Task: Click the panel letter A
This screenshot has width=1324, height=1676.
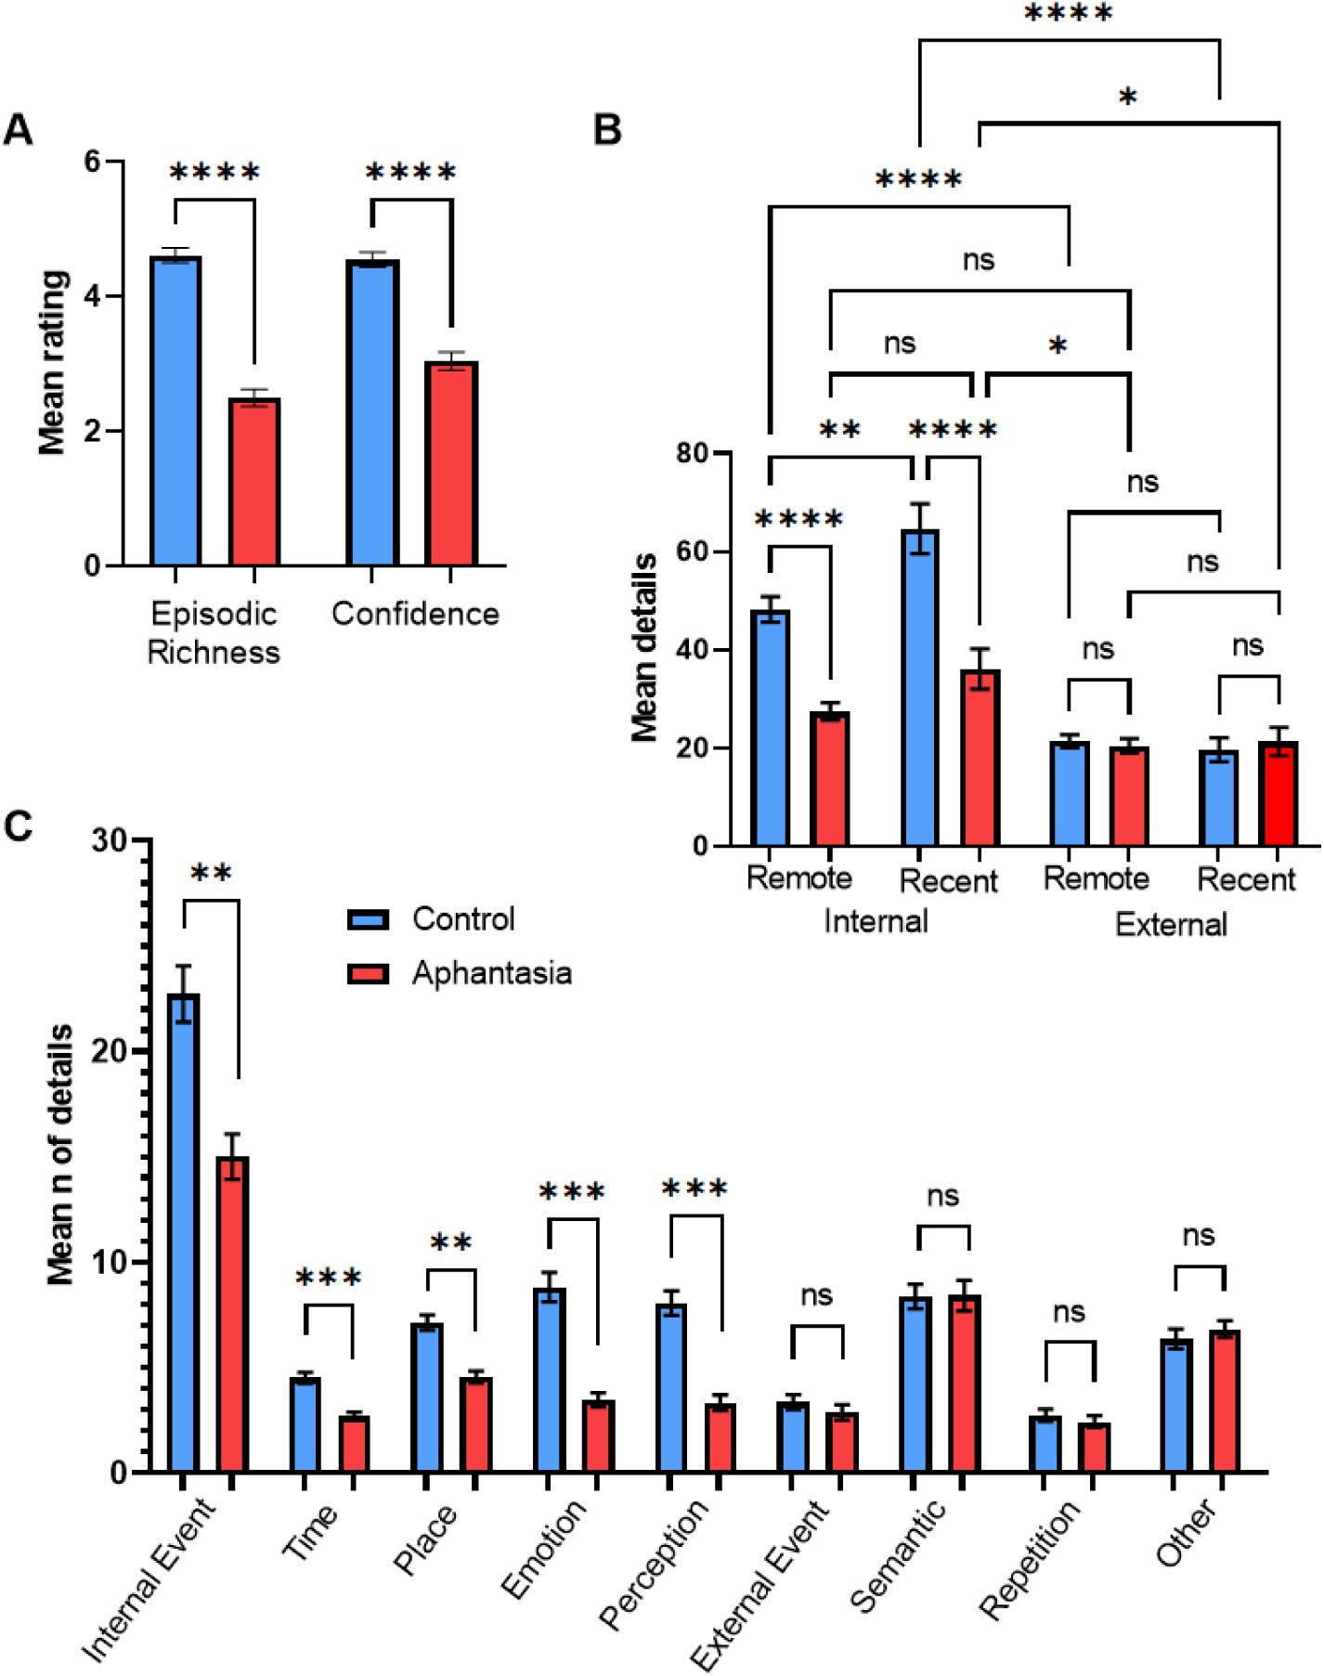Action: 19,130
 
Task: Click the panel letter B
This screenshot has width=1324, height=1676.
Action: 607,130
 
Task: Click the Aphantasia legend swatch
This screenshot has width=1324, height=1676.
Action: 368,973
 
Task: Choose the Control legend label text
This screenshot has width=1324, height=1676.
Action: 463,919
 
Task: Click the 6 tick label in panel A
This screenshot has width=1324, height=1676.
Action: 92,162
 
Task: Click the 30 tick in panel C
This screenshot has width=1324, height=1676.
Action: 110,840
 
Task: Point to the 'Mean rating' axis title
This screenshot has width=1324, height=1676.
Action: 53,362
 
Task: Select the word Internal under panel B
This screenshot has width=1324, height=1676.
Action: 876,921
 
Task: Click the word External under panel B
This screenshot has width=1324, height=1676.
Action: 1171,924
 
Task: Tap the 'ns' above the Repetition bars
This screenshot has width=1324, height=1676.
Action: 1069,1312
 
